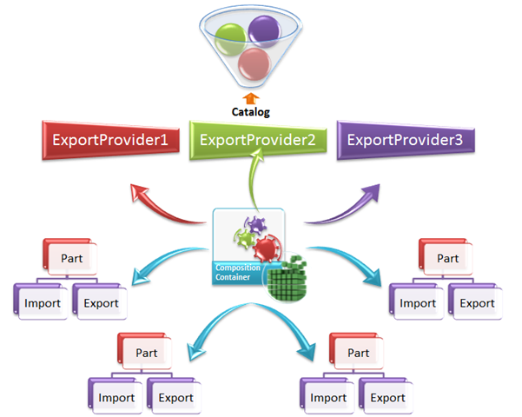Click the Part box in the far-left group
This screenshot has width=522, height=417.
[70, 258]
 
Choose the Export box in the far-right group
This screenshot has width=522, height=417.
[476, 303]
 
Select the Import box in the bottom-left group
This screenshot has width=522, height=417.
[116, 398]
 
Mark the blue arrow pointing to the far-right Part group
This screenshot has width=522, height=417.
[347, 261]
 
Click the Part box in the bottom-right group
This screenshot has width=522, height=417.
[358, 354]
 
